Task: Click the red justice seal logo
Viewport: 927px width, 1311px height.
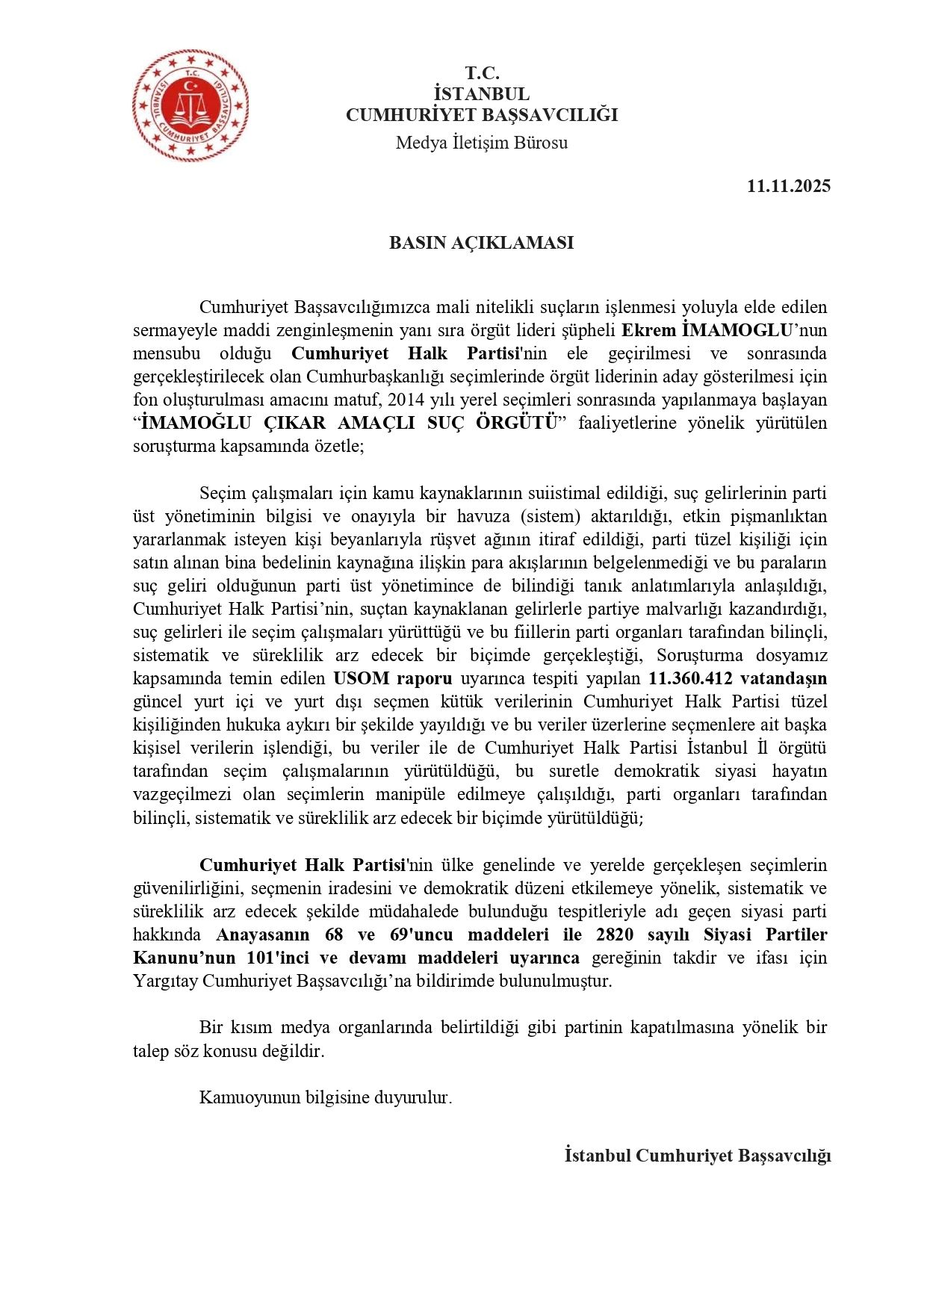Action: click(x=190, y=105)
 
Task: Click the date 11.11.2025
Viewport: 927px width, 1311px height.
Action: click(x=788, y=186)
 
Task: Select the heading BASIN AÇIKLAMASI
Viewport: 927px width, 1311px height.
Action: click(x=481, y=243)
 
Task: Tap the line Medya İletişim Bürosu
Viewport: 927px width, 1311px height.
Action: click(x=481, y=143)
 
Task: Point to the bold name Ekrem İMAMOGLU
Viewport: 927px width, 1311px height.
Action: click(x=706, y=330)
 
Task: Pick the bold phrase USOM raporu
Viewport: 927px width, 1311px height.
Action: click(x=392, y=678)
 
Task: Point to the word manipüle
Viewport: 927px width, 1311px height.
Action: click(x=426, y=794)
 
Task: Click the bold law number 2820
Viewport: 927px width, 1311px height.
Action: click(x=615, y=935)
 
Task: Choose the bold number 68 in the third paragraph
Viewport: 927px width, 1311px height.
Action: click(x=334, y=935)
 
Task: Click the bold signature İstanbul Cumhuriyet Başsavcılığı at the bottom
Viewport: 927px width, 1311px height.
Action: click(x=698, y=1156)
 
